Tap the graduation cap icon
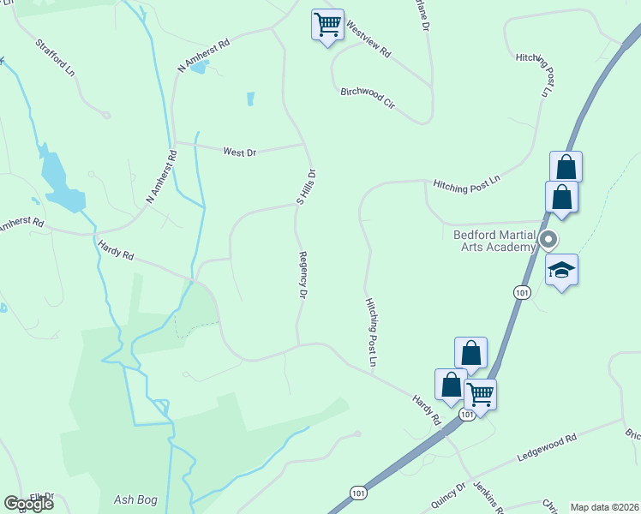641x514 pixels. pos(561,271)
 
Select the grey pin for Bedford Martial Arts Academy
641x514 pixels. pos(550,240)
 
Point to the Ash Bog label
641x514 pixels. pos(134,499)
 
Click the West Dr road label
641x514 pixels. pos(240,152)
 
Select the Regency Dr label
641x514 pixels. pos(303,274)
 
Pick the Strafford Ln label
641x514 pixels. pos(56,58)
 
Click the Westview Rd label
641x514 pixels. pos(368,40)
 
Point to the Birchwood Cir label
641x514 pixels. pos(368,97)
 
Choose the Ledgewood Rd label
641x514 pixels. pos(547,446)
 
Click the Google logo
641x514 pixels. pos(29,504)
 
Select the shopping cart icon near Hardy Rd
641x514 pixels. pos(480,395)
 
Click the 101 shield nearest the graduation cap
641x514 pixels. pos(521,293)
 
